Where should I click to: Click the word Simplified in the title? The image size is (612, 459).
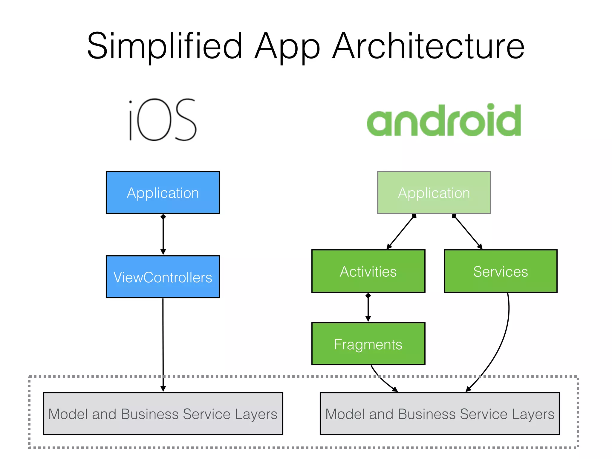(x=164, y=46)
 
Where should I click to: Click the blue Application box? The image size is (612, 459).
(x=163, y=192)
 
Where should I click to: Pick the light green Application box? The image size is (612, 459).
(x=434, y=192)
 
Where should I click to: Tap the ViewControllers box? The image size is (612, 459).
(x=163, y=277)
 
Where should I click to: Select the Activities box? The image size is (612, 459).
(x=368, y=271)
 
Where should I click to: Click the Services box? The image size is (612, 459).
(x=501, y=271)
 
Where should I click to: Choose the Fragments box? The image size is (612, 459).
(x=368, y=344)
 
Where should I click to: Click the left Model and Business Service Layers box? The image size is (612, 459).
(x=163, y=414)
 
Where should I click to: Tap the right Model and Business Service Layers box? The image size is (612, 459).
(x=440, y=414)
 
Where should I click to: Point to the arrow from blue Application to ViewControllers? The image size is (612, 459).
(x=163, y=235)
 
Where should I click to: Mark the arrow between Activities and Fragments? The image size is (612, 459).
(x=368, y=308)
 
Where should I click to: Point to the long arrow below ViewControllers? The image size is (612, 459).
(x=163, y=344)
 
